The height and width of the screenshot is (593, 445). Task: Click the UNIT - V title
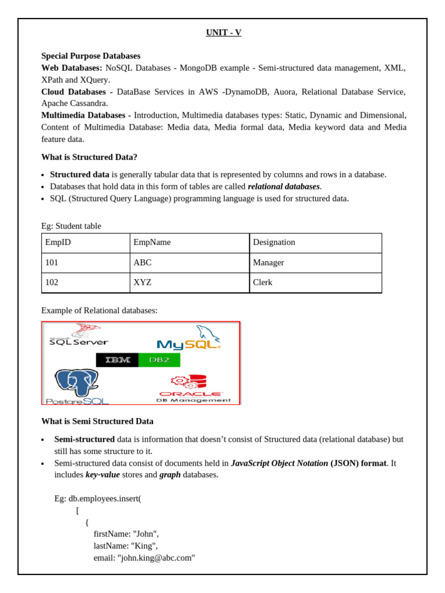tap(223, 33)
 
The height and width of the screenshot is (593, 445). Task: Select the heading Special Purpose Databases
tap(90, 56)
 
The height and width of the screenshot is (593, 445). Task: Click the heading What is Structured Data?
tap(89, 157)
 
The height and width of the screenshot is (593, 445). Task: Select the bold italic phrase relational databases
tap(283, 186)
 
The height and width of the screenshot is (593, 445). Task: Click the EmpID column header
tap(58, 243)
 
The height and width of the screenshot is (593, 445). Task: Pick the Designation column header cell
tap(274, 243)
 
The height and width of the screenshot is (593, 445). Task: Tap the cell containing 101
tap(52, 263)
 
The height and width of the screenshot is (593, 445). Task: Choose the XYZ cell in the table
tap(143, 283)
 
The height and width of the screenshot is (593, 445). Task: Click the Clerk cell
tap(262, 283)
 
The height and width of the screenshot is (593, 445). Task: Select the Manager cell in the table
tap(268, 263)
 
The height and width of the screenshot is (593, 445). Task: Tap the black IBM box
tap(118, 360)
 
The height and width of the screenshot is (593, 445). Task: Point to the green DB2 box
tap(159, 360)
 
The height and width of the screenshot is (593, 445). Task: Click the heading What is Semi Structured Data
tap(97, 422)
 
